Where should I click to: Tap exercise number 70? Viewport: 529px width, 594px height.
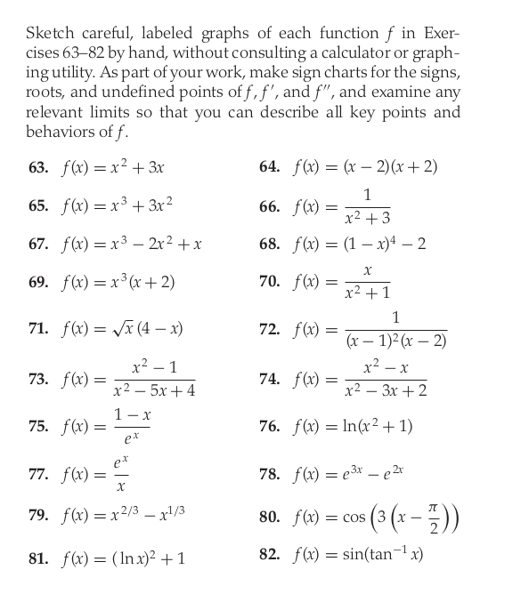pos(269,283)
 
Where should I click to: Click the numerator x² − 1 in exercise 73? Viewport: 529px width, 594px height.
pos(153,366)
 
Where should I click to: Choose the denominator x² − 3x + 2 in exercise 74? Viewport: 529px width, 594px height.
pos(386,391)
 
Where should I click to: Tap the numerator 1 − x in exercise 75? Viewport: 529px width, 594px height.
pos(132,415)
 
